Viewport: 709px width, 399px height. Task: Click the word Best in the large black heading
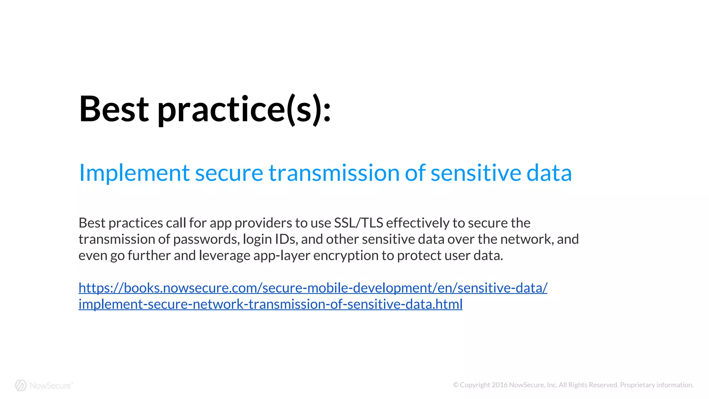[114, 109]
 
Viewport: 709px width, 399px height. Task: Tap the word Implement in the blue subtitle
[134, 173]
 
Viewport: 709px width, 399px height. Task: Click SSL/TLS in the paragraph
[358, 223]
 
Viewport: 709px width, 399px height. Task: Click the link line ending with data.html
[270, 304]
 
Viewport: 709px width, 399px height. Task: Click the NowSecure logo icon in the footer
[21, 385]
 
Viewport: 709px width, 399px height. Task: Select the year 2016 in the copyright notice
[500, 385]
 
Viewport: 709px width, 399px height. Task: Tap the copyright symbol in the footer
[456, 385]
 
